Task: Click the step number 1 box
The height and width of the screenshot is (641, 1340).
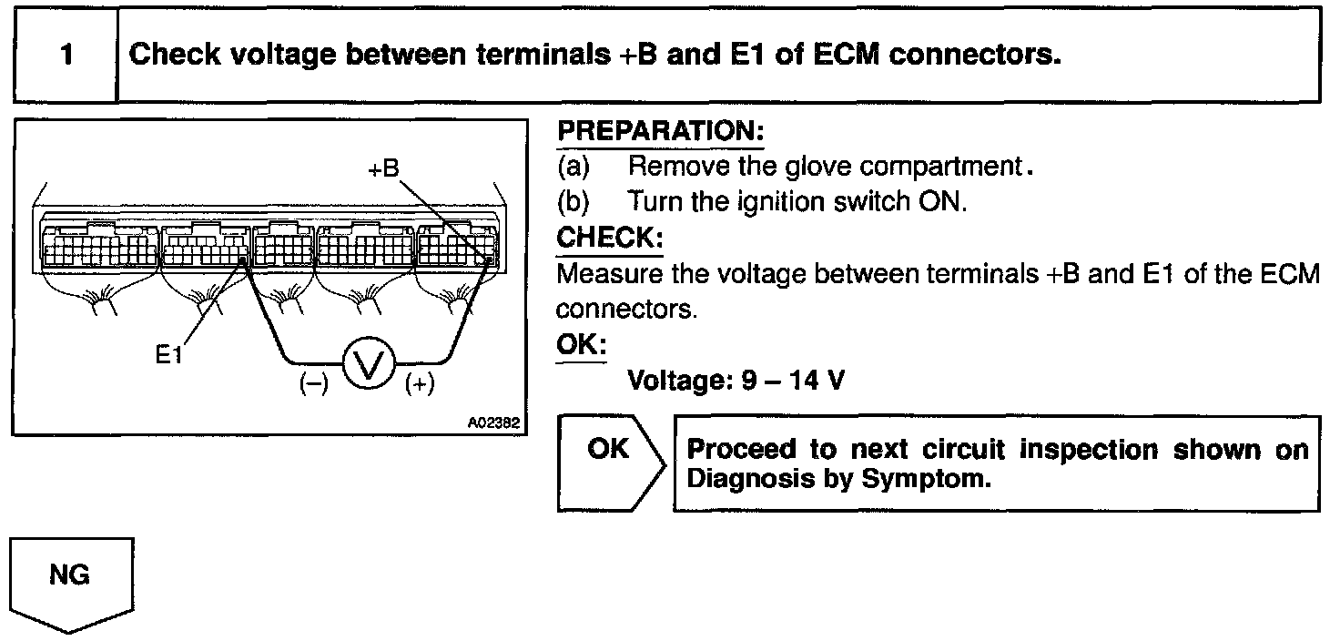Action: [66, 55]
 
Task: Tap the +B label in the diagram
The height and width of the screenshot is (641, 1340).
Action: [383, 169]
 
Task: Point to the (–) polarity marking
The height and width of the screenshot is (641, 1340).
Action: [313, 384]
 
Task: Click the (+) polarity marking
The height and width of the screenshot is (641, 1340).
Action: [420, 384]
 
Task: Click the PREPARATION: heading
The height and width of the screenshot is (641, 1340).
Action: [660, 130]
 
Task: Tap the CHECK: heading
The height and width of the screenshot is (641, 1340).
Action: [609, 238]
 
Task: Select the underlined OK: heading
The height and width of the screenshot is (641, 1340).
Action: [581, 347]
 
